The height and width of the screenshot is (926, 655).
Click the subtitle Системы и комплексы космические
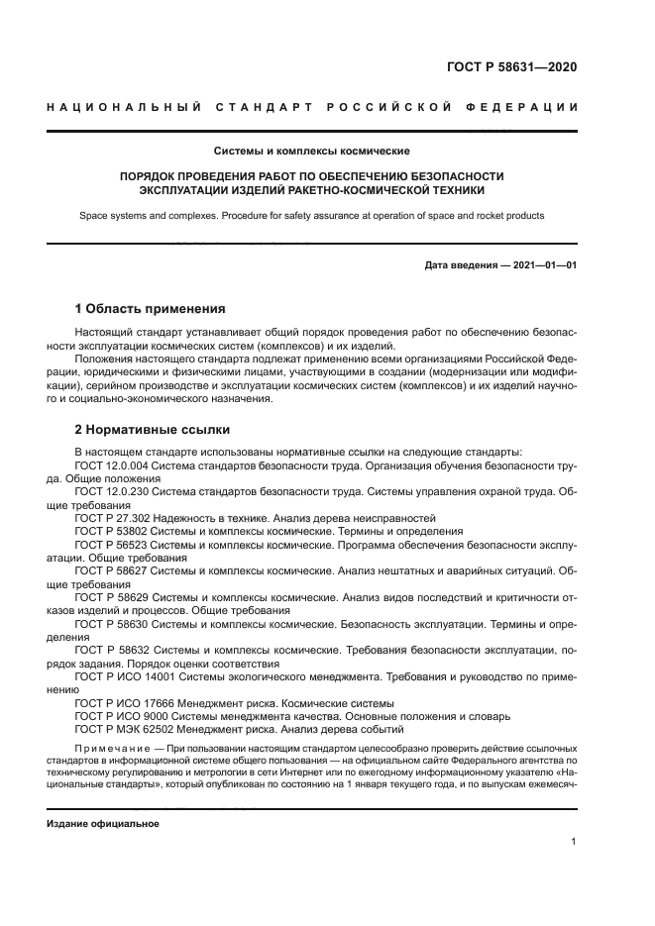pos(312,152)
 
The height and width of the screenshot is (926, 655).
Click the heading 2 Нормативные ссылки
pos(153,430)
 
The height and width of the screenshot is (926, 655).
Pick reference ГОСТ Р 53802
pos(115,531)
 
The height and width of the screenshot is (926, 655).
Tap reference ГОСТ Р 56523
pos(115,545)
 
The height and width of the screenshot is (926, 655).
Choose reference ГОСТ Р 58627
pos(115,571)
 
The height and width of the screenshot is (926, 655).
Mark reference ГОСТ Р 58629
pos(115,598)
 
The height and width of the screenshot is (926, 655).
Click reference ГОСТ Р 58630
pos(115,625)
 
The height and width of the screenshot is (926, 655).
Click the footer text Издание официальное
pos(103,823)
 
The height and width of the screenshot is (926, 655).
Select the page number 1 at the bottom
pos(574,842)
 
